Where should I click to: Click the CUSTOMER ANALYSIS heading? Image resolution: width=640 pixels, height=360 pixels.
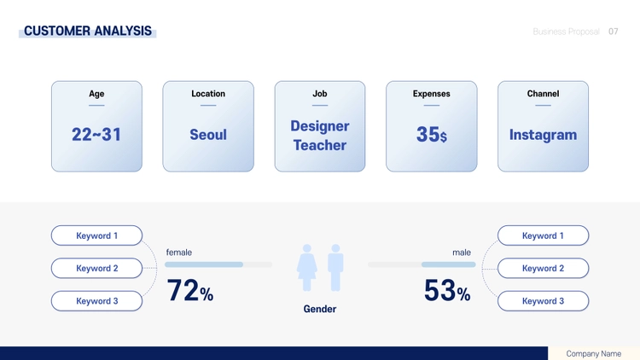point(88,31)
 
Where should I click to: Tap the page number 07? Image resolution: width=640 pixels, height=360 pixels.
point(613,32)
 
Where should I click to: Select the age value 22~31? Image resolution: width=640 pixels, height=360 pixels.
point(96,135)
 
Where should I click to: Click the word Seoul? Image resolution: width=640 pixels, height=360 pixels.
point(208,135)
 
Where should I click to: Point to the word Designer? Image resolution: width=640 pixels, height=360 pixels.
point(320,126)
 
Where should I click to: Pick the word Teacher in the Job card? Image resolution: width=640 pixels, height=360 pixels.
point(320,145)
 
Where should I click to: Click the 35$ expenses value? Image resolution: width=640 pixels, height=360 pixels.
point(432,134)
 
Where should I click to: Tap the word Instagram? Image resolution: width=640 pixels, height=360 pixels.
point(543,135)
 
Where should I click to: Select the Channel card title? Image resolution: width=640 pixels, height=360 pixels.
point(543,94)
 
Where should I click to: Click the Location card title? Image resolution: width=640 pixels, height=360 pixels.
point(208,94)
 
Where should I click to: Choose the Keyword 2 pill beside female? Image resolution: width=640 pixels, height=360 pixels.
point(96,268)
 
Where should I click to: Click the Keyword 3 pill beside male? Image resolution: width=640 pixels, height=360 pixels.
point(543,301)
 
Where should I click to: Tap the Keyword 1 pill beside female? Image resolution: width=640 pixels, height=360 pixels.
point(96,235)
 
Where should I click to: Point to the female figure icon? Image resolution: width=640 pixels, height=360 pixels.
point(307,268)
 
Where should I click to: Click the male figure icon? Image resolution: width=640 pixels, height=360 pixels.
point(335,268)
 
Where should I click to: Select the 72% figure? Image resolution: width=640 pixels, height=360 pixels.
point(189,291)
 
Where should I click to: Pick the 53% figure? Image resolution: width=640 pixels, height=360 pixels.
point(447,291)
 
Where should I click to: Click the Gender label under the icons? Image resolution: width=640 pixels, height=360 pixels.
point(320,309)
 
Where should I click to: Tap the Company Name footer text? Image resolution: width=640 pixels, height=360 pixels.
point(593,353)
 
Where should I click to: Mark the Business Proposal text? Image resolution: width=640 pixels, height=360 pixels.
point(566,32)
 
